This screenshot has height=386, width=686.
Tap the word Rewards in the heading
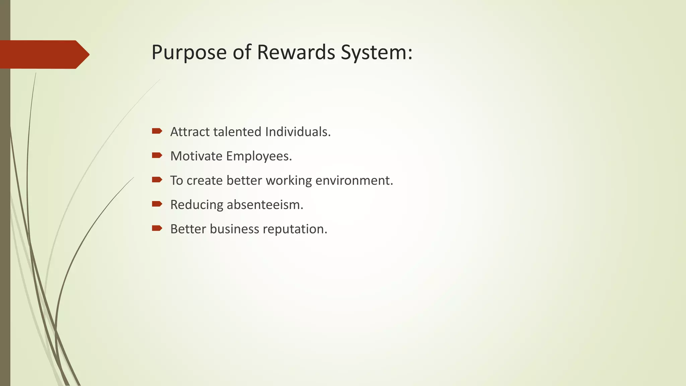(296, 52)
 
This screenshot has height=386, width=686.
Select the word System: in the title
(376, 53)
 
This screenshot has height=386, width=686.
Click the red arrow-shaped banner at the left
(44, 55)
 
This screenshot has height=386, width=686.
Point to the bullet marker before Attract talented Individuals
(157, 131)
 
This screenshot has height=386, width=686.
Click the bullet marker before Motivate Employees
(157, 155)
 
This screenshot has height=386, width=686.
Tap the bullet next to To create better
(157, 180)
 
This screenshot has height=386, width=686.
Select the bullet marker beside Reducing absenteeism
(157, 204)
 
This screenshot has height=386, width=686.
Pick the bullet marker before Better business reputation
(157, 228)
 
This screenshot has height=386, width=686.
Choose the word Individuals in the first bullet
(297, 132)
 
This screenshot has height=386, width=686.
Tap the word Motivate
(196, 156)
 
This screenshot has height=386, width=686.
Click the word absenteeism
(265, 205)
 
